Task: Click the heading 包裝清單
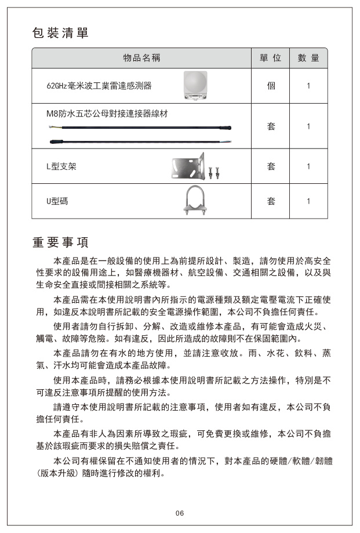(x=60, y=33)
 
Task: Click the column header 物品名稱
(x=141, y=58)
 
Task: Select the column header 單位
(x=271, y=58)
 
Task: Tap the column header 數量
(x=308, y=58)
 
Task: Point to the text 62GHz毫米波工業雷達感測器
(x=99, y=86)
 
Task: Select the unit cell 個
(x=271, y=86)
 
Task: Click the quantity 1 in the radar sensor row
(x=308, y=86)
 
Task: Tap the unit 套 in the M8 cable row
(x=271, y=126)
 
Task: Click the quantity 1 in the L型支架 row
(x=308, y=166)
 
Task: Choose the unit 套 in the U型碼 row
(x=271, y=201)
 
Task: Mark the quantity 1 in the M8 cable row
(x=308, y=126)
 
